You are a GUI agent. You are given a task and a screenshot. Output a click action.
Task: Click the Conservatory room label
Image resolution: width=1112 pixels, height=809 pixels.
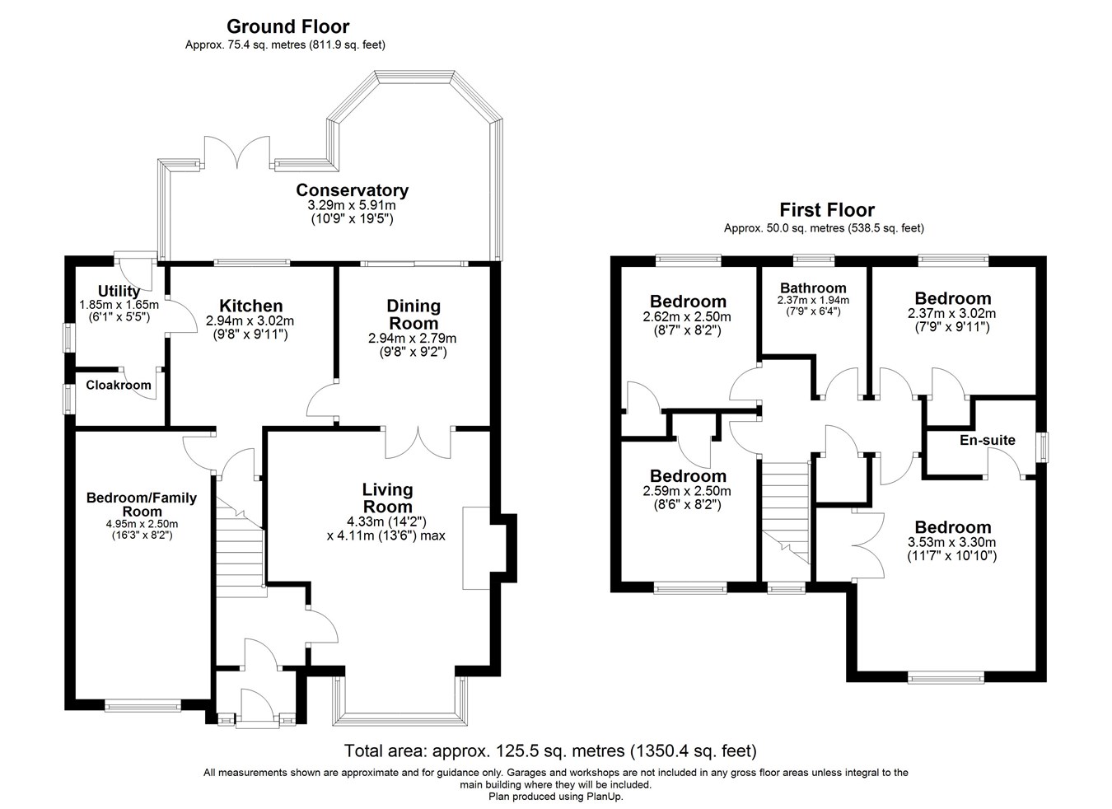[352, 190]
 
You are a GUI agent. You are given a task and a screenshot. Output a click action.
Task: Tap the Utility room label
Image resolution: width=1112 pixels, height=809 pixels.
[119, 291]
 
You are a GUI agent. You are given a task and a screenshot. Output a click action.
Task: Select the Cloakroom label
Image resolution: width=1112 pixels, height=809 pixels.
[119, 385]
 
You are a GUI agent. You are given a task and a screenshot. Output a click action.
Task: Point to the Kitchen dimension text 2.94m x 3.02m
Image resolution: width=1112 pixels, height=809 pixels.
[250, 321]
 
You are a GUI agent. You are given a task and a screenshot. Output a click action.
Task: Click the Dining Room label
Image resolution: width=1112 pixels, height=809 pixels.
[413, 314]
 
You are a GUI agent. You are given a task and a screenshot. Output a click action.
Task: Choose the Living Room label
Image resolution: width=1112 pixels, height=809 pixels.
[387, 498]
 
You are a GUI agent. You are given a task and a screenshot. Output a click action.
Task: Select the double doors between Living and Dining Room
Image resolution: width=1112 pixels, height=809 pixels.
[419, 442]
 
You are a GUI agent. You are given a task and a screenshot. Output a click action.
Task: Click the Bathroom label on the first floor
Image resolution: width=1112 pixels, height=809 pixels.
[813, 288]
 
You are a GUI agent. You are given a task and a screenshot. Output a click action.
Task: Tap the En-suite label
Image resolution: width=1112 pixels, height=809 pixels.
[988, 440]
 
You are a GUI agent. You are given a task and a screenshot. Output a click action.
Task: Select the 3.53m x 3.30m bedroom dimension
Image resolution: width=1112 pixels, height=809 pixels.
[953, 542]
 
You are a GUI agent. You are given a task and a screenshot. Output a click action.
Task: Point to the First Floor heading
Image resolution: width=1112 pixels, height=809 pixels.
[827, 210]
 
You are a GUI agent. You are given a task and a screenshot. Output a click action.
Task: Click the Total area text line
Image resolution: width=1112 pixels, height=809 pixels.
[550, 751]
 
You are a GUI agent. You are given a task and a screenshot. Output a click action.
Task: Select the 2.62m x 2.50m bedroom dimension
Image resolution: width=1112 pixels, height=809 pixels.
[687, 316]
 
